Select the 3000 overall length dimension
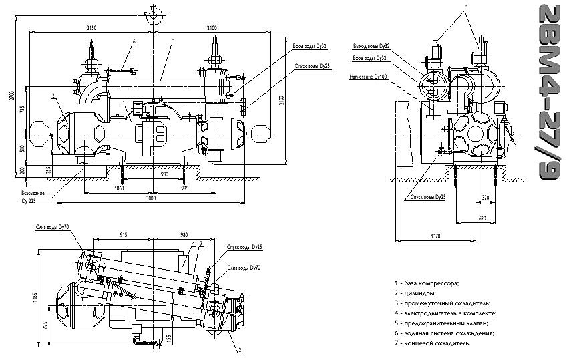[x=152, y=199]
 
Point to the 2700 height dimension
[x=11, y=94]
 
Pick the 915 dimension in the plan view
[x=124, y=234]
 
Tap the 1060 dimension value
[x=120, y=188]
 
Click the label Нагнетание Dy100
[x=367, y=76]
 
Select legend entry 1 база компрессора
[x=427, y=283]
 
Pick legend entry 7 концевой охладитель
[x=437, y=343]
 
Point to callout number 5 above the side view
[x=467, y=7]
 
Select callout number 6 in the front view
[x=134, y=41]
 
